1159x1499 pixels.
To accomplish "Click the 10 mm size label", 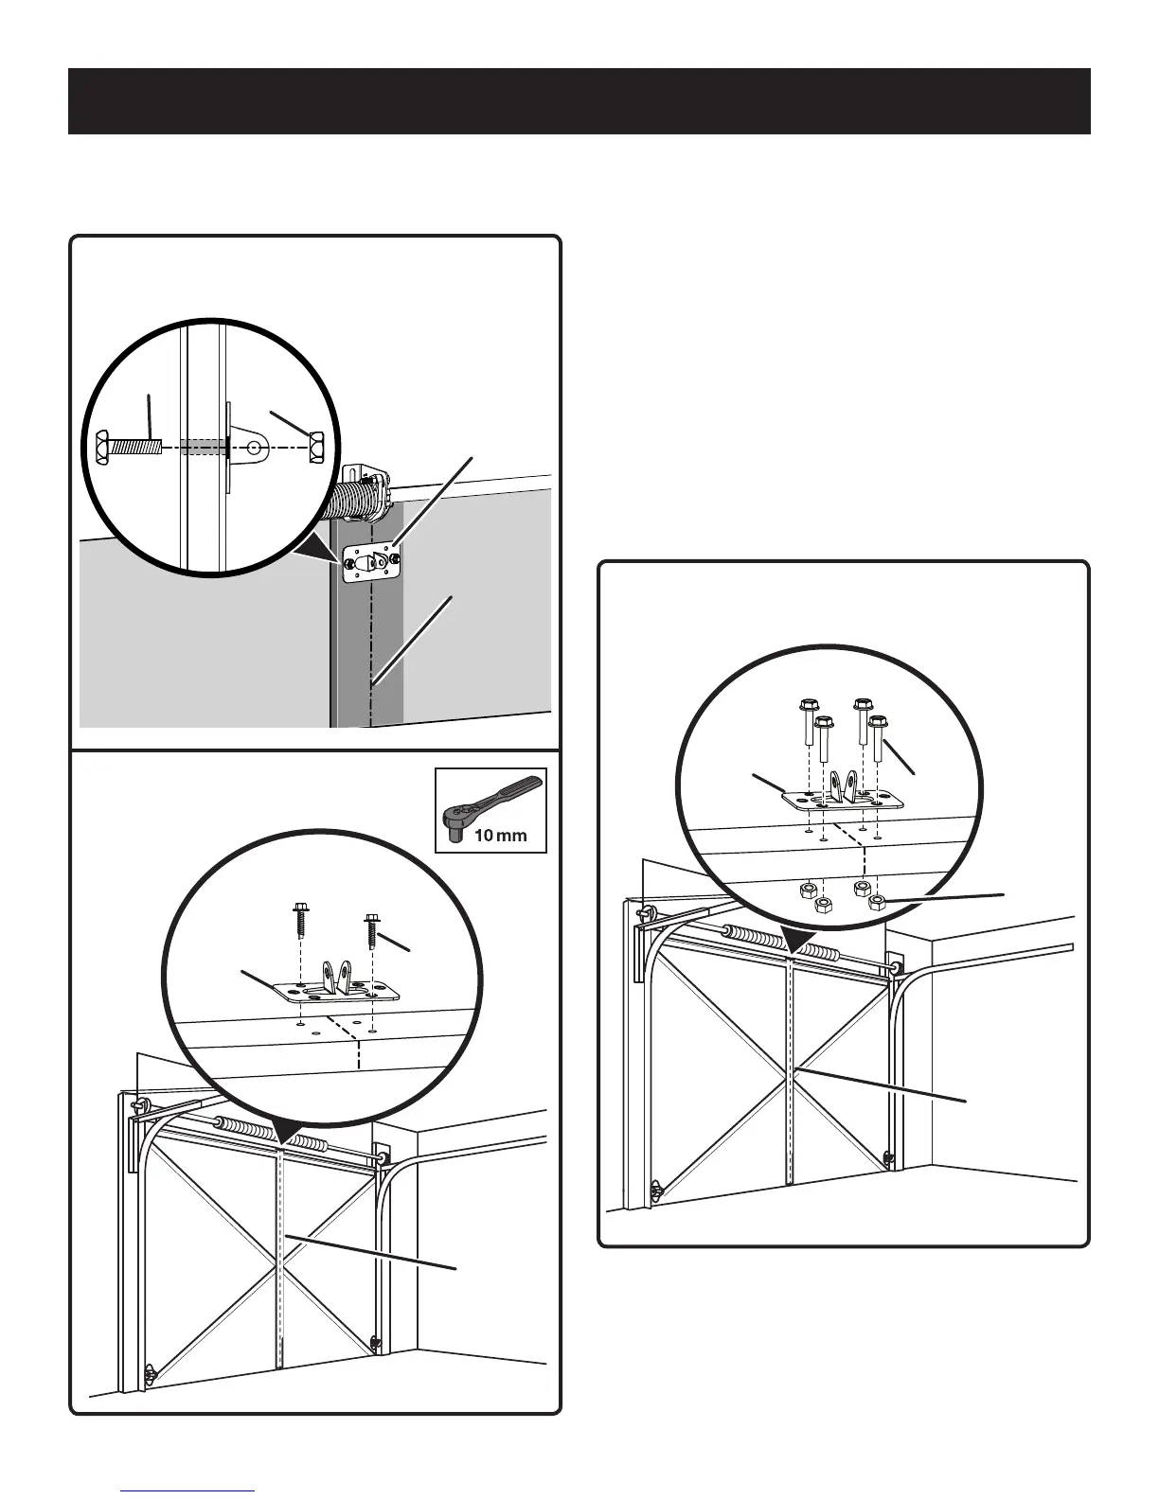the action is click(501, 837).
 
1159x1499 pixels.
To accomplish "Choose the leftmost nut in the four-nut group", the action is click(807, 890).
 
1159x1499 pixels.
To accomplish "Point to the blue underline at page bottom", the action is click(188, 1492).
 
